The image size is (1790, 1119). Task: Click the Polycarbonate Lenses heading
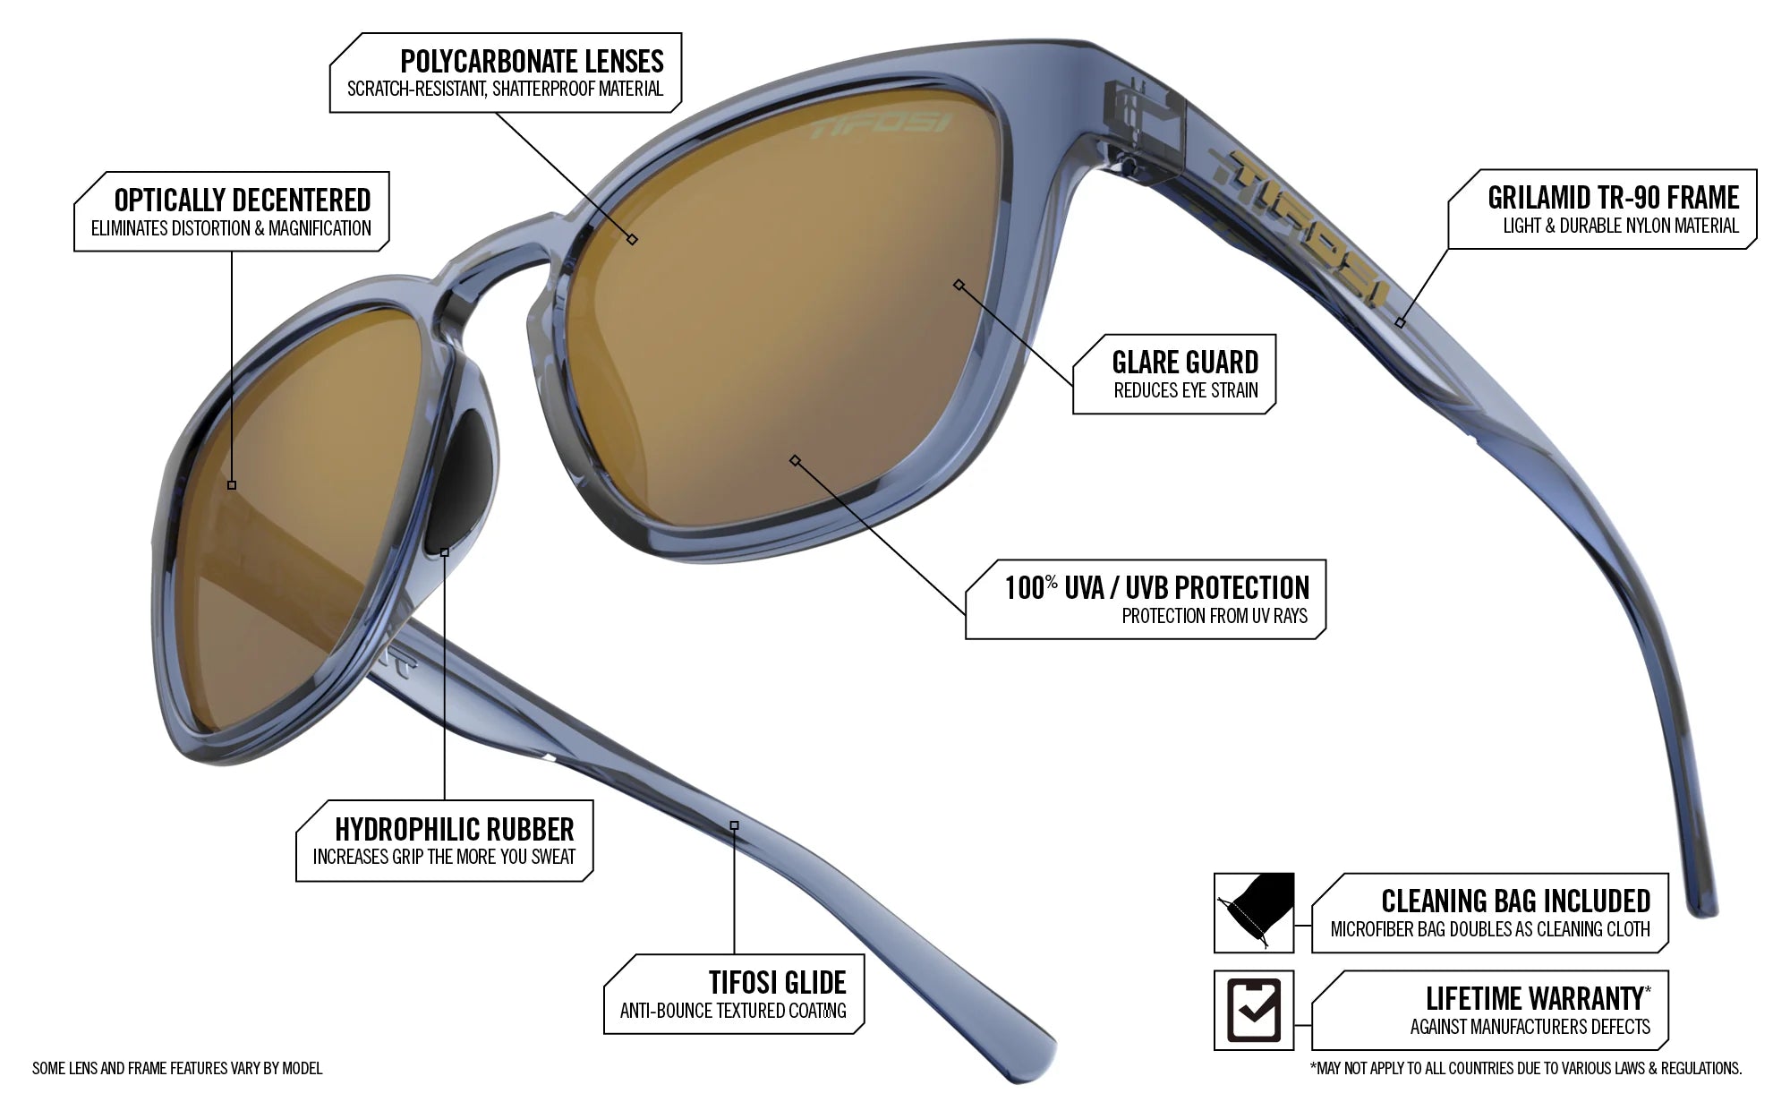tap(532, 61)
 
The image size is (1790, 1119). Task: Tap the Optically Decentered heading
tap(243, 200)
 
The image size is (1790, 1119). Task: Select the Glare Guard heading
tap(1185, 363)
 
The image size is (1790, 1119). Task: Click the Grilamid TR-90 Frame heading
tap(1613, 197)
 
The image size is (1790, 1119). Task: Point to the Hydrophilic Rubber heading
tap(455, 829)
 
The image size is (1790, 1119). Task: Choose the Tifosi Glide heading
tap(777, 983)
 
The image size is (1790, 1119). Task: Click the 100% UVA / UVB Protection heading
tap(1156, 587)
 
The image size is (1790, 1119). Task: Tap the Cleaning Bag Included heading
tap(1515, 901)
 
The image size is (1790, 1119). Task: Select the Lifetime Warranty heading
tap(1534, 998)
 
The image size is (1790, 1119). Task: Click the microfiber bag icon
tap(1254, 912)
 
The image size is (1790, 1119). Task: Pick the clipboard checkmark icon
tap(1253, 1010)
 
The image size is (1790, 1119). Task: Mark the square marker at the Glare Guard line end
tap(959, 285)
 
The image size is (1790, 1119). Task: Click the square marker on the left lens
tap(232, 484)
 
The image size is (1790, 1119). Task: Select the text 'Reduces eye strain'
tap(1185, 390)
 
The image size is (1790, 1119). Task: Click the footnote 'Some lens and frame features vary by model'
tap(177, 1068)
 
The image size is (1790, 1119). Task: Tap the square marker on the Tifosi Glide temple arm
tap(734, 825)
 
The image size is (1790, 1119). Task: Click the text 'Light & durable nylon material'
tap(1620, 226)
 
